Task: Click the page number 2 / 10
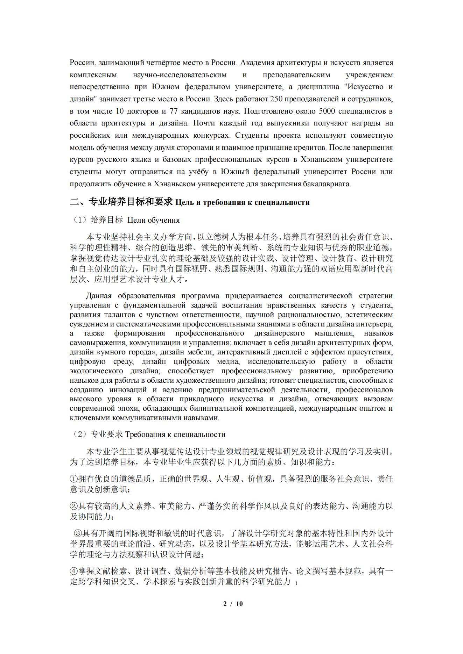pos(233,604)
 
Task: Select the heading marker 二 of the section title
pos(75,202)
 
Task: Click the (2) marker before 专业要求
pos(79,434)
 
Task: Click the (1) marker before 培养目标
pos(79,220)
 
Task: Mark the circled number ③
pos(78,533)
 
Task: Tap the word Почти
pos(204,123)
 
